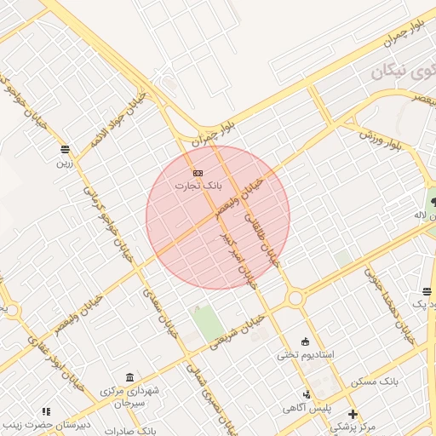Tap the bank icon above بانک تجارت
(x=198, y=173)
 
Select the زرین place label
(x=66, y=161)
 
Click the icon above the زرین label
(x=66, y=149)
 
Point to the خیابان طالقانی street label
(x=261, y=227)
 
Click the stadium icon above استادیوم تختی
(x=306, y=341)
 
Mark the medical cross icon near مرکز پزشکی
(x=353, y=414)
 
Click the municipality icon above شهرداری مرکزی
(x=129, y=377)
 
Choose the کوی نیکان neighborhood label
(x=401, y=72)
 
